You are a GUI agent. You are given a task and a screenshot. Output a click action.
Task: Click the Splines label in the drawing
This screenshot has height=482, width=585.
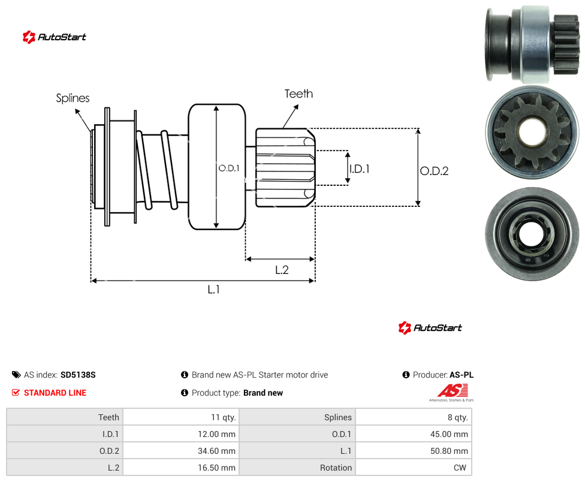(x=73, y=98)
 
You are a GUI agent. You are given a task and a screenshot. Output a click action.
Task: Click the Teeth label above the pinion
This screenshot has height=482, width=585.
(x=298, y=94)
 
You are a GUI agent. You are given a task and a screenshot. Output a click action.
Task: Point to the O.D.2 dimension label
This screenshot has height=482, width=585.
(x=435, y=171)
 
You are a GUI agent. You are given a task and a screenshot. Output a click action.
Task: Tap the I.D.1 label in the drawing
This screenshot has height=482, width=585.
(x=360, y=169)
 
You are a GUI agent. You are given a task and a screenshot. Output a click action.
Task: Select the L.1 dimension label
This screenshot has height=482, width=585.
(x=214, y=290)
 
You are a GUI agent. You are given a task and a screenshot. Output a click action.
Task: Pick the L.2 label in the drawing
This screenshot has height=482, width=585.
(x=282, y=270)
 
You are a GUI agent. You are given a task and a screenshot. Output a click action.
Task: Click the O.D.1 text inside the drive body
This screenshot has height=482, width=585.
(x=229, y=168)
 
